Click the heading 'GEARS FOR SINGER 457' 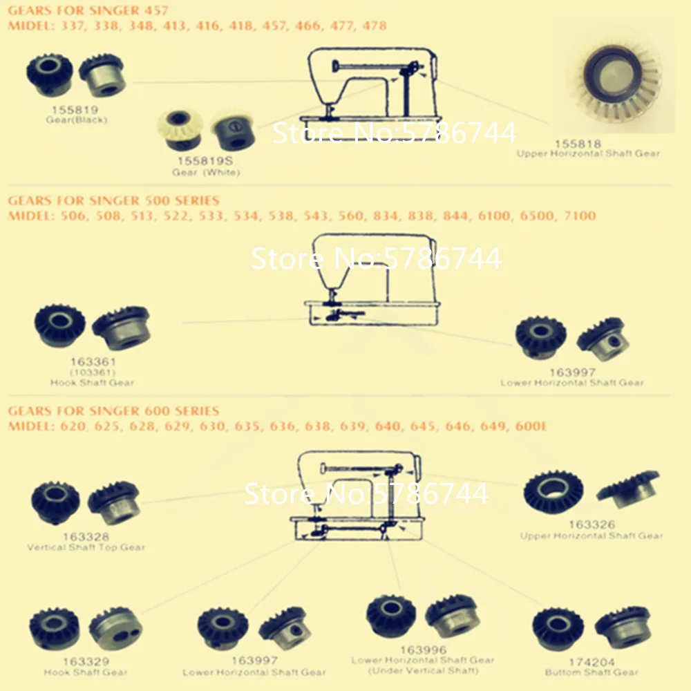[88, 10]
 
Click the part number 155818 [578, 144]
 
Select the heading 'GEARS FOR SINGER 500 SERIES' [113, 200]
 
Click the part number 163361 [93, 361]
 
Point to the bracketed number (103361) [93, 372]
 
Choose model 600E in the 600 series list [531, 426]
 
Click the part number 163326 [591, 525]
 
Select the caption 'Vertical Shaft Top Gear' [86, 548]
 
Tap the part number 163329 [86, 661]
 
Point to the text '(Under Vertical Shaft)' [423, 671]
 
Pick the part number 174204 [591, 661]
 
